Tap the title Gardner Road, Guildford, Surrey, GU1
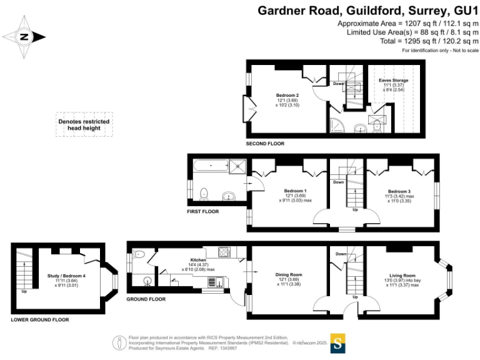tap(368, 11)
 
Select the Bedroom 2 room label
tap(287, 96)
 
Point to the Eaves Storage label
tap(394, 81)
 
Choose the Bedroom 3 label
tap(399, 191)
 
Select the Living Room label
tap(401, 275)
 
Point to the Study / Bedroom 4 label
tap(67, 276)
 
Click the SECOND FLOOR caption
tap(265, 144)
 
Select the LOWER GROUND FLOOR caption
tap(40, 319)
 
